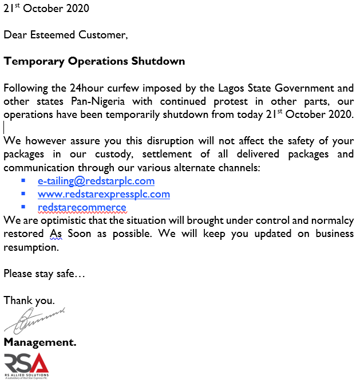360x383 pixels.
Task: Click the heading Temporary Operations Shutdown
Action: tap(94, 61)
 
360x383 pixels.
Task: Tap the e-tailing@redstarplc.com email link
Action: tap(96, 181)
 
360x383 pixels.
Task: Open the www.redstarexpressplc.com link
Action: tap(104, 194)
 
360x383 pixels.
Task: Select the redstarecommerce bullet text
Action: tap(82, 207)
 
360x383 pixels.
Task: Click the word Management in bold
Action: tap(39, 342)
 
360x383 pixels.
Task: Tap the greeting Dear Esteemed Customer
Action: tap(66, 35)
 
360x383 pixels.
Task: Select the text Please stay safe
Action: tap(44, 274)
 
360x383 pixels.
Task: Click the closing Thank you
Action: tap(29, 300)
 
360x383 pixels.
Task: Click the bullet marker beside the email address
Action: tap(23, 180)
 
